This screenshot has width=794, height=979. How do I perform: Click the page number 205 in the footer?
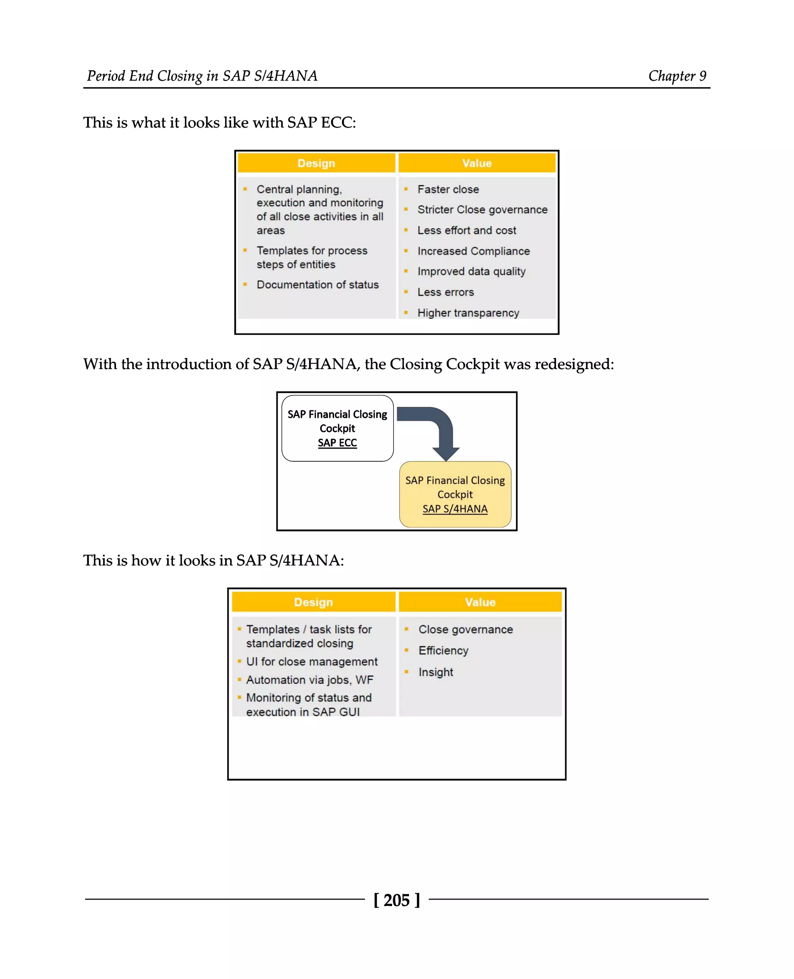pyautogui.click(x=396, y=900)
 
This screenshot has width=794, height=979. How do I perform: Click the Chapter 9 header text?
pyautogui.click(x=677, y=76)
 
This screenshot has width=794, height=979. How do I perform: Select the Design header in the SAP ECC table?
pyautogui.click(x=316, y=163)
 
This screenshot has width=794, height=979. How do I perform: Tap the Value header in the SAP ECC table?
pyautogui.click(x=476, y=163)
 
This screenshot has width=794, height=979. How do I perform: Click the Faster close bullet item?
pyautogui.click(x=448, y=189)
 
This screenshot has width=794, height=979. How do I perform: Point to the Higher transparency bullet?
pyautogui.click(x=468, y=313)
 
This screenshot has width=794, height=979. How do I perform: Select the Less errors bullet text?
pyautogui.click(x=445, y=292)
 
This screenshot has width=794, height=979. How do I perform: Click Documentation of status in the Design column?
pyautogui.click(x=318, y=285)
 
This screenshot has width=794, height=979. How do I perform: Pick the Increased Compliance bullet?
pyautogui.click(x=473, y=251)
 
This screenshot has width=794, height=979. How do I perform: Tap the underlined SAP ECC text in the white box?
pyautogui.click(x=337, y=443)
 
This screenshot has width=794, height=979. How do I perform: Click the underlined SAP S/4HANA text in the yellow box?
pyautogui.click(x=455, y=509)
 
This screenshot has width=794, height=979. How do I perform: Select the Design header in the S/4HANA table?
pyautogui.click(x=313, y=602)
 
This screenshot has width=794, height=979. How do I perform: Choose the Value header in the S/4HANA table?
pyautogui.click(x=480, y=602)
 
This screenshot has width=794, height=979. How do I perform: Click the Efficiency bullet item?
pyautogui.click(x=443, y=651)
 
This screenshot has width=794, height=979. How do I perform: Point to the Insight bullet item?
pyautogui.click(x=435, y=672)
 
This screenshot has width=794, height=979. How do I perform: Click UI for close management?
pyautogui.click(x=311, y=661)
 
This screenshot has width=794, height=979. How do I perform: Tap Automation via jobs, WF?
pyautogui.click(x=310, y=680)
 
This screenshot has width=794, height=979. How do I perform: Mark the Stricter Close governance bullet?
pyautogui.click(x=482, y=209)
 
